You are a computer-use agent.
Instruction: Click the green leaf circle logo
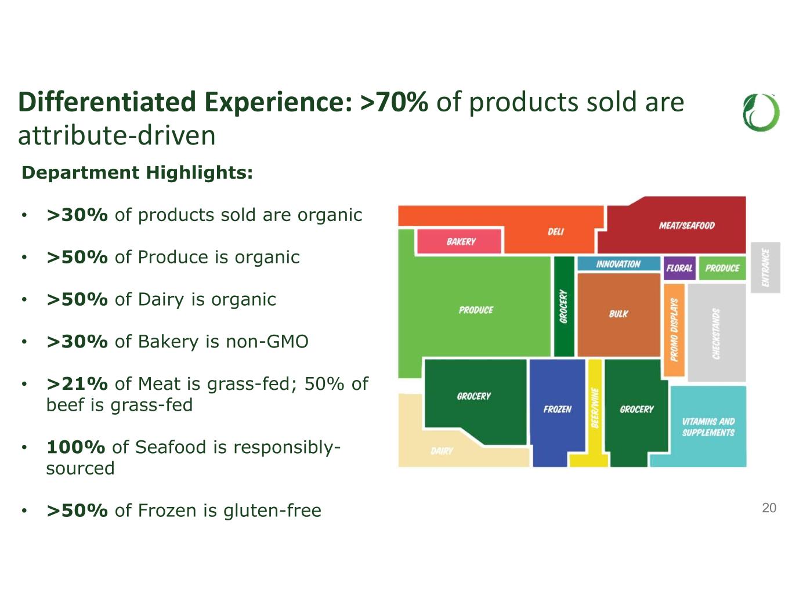click(761, 113)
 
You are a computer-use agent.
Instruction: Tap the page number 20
click(769, 508)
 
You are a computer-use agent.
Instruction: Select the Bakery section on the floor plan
click(459, 241)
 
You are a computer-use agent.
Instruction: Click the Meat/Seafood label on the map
click(686, 226)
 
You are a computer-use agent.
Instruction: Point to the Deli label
click(555, 231)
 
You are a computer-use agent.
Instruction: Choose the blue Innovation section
click(619, 264)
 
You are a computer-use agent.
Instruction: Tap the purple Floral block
click(679, 268)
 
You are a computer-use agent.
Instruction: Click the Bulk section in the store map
click(619, 314)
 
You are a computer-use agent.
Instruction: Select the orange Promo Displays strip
click(674, 330)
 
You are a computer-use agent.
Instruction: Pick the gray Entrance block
click(765, 267)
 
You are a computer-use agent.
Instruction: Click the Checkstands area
click(717, 332)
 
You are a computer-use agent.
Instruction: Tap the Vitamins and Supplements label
click(708, 427)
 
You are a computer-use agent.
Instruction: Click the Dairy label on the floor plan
click(442, 451)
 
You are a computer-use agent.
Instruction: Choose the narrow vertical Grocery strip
click(564, 306)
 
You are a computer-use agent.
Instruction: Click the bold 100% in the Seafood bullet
click(76, 447)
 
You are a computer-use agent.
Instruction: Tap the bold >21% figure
click(77, 384)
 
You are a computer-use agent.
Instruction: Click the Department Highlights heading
click(138, 172)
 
